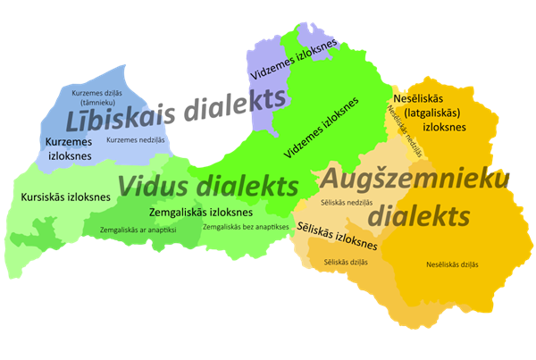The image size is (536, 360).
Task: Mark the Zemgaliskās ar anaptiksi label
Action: click(x=138, y=230)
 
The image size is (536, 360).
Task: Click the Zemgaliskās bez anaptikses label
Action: click(x=245, y=227)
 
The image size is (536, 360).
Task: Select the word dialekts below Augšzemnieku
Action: click(x=419, y=215)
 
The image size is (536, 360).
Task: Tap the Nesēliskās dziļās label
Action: click(x=452, y=264)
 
